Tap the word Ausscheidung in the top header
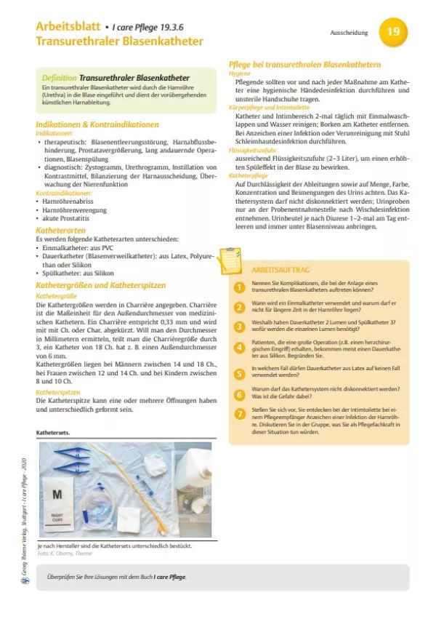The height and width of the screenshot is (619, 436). click(x=348, y=33)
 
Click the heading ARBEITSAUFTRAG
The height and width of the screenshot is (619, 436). click(x=275, y=268)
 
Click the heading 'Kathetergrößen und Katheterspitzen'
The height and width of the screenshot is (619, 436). click(x=101, y=286)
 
